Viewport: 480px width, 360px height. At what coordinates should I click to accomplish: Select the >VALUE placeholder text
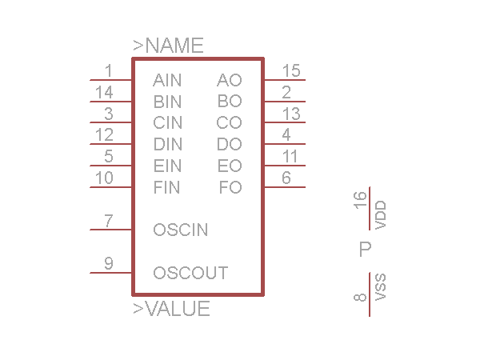click(x=171, y=309)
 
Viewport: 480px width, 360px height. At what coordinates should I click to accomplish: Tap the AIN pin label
click(x=167, y=80)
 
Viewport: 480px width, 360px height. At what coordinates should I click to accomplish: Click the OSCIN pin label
click(x=180, y=230)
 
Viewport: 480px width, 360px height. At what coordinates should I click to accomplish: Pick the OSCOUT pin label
click(x=190, y=274)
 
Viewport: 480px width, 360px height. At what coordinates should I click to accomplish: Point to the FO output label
click(x=230, y=188)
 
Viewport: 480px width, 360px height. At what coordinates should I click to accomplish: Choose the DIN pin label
click(x=167, y=145)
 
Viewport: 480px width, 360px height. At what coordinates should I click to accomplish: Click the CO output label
click(x=229, y=123)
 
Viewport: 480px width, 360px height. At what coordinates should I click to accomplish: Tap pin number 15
click(x=291, y=70)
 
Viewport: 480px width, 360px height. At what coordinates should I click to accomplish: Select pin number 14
click(x=104, y=92)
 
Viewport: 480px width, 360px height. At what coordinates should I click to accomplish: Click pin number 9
click(x=109, y=263)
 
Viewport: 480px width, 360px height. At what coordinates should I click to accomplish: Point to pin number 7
click(x=109, y=220)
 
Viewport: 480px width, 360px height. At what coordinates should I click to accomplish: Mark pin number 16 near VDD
click(x=361, y=199)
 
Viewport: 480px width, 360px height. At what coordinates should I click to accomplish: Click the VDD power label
click(x=381, y=215)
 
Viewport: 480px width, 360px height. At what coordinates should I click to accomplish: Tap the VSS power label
click(x=381, y=286)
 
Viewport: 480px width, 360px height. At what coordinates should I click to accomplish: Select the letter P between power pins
click(x=366, y=250)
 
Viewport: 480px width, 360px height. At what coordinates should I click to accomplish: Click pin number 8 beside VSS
click(x=361, y=298)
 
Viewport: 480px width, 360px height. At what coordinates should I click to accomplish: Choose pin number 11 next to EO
click(x=290, y=156)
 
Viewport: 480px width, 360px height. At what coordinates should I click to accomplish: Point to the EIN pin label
click(x=167, y=166)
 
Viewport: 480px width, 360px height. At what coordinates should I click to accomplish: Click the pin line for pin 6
click(x=284, y=188)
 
